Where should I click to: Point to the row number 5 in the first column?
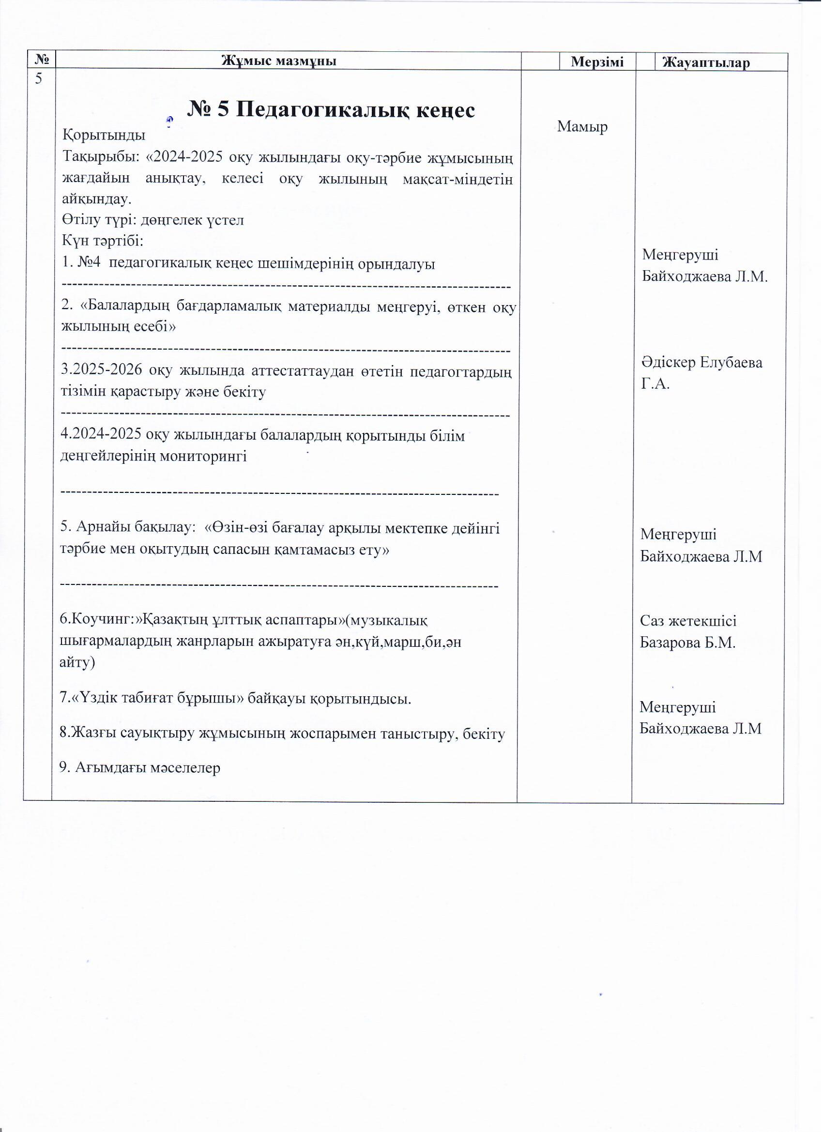click(38, 78)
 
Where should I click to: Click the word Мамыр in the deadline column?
click(582, 127)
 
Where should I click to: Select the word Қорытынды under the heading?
click(104, 135)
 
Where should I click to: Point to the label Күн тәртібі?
click(103, 241)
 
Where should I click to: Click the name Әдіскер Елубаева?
click(701, 362)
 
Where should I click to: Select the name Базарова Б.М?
click(688, 643)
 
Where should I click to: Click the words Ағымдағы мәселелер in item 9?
click(148, 767)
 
